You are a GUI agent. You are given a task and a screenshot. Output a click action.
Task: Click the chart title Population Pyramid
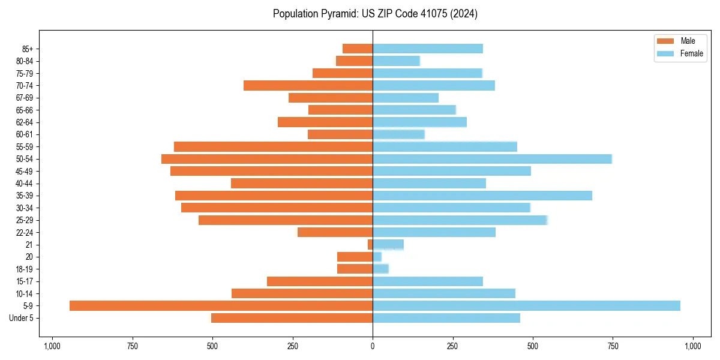click(375, 14)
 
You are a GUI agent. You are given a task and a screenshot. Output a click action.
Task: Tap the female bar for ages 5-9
click(526, 306)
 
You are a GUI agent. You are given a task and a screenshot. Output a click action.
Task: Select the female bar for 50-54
click(492, 159)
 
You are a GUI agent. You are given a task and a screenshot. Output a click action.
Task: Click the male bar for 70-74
click(308, 86)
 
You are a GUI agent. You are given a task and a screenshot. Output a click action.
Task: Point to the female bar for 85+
click(427, 49)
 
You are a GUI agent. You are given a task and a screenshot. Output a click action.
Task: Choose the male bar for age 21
click(370, 245)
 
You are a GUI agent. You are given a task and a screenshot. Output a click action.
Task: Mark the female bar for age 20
click(377, 257)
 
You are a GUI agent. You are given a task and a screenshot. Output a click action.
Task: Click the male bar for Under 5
click(292, 318)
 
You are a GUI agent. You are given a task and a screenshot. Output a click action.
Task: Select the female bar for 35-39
click(482, 196)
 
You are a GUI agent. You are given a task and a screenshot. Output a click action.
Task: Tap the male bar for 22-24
click(335, 232)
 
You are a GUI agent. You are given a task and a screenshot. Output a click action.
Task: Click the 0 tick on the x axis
click(373, 346)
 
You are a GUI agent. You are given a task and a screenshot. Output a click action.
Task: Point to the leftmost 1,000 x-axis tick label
click(52, 346)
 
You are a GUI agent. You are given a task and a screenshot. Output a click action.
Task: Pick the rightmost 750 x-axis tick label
click(613, 346)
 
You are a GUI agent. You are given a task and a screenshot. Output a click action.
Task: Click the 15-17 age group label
click(25, 281)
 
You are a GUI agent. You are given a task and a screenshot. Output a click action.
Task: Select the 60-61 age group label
click(25, 134)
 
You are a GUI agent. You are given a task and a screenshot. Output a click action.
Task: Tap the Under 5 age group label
click(22, 318)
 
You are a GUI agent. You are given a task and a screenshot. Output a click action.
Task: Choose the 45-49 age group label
click(25, 171)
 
